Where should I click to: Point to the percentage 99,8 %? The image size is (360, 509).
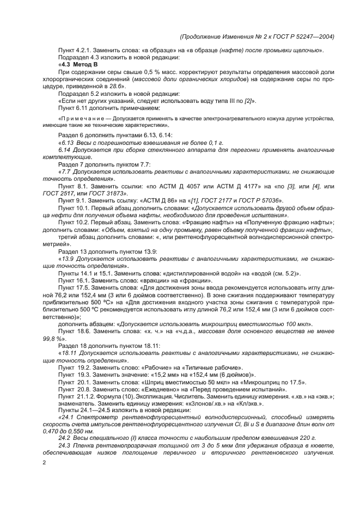click(52, 338)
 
